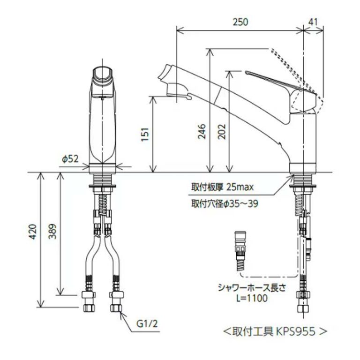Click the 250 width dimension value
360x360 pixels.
[240, 22]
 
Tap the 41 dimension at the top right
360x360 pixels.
[314, 22]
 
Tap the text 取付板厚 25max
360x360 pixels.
[222, 187]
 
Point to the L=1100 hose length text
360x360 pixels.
[249, 298]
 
